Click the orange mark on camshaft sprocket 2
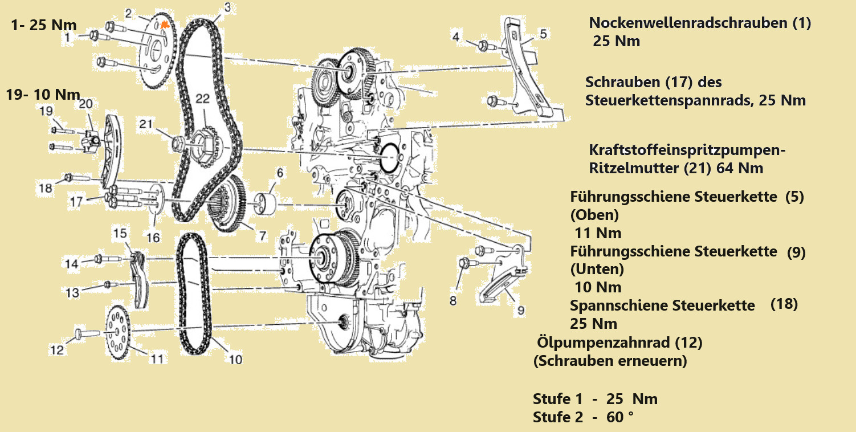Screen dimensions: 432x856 [x=165, y=25]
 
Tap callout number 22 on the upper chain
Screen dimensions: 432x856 [x=202, y=98]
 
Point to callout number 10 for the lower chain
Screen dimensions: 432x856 [x=235, y=359]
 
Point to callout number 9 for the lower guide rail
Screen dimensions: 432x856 [x=521, y=310]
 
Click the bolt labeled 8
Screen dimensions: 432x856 [x=464, y=263]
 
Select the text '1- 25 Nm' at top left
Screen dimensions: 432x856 [x=44, y=25]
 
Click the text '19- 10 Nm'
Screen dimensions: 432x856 [x=43, y=94]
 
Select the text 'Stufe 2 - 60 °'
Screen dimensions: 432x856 [x=583, y=417]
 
